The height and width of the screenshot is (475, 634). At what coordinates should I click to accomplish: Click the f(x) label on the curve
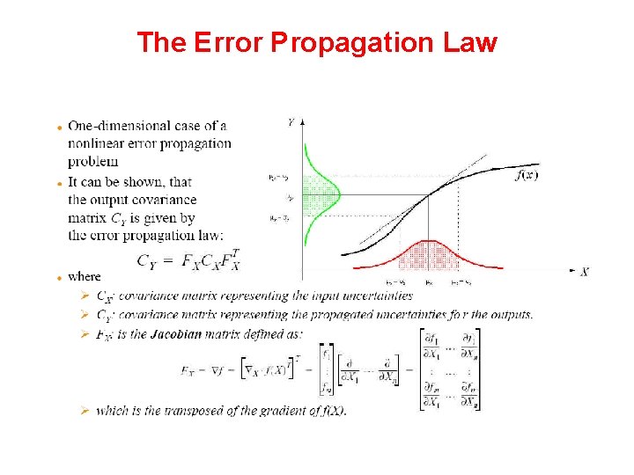coord(526,175)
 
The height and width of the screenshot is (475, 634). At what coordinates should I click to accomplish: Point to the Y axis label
coord(291,123)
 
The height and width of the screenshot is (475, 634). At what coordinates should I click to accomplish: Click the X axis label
coord(584,272)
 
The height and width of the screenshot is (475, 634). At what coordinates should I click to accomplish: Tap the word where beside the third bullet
coord(85,276)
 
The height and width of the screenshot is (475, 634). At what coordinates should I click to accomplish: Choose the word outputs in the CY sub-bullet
coord(512,315)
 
